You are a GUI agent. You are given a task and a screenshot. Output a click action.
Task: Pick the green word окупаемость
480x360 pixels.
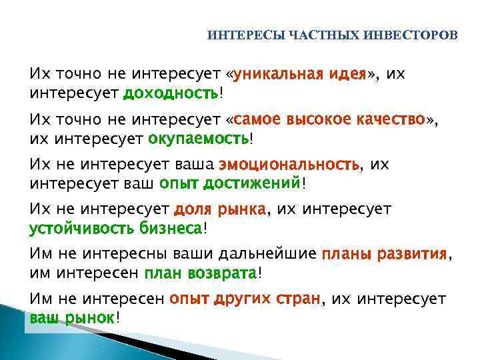(199, 139)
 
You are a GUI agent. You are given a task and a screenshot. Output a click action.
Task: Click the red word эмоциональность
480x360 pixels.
(289, 164)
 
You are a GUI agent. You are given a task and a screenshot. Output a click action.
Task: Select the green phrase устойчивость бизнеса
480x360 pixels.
(115, 229)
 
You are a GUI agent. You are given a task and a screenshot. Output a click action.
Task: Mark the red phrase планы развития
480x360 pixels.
(384, 254)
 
